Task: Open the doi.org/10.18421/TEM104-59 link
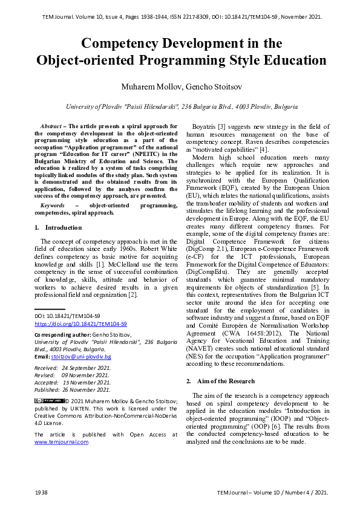[x=80, y=323]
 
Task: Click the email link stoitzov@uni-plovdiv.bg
[x=81, y=357]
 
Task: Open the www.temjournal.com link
[x=61, y=442]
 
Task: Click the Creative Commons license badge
[x=49, y=400]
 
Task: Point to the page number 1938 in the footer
[x=41, y=493]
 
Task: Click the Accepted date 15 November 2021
[x=87, y=382]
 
